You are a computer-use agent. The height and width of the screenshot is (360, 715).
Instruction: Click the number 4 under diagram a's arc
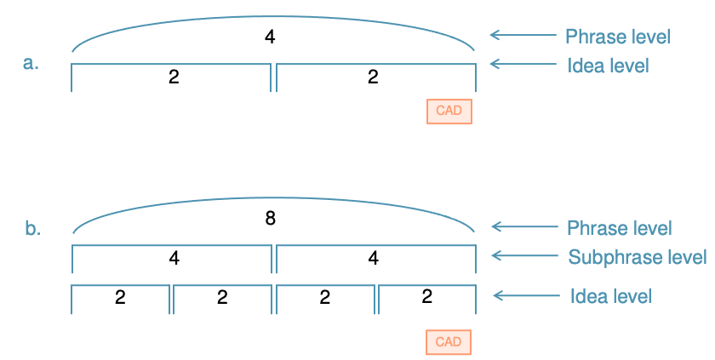(270, 37)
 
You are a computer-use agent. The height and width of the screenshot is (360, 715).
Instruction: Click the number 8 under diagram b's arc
(270, 218)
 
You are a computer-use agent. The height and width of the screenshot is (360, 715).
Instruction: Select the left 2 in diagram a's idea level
(173, 77)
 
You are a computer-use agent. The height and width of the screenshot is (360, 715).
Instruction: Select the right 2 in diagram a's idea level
(372, 77)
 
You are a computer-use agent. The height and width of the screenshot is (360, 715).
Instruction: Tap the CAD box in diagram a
(449, 111)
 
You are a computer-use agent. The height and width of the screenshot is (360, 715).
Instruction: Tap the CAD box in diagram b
(449, 342)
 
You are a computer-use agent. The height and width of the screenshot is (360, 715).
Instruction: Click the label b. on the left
(32, 229)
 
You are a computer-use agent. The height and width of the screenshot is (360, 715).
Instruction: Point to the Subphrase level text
(637, 256)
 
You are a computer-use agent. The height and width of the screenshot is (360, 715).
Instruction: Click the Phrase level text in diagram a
(619, 37)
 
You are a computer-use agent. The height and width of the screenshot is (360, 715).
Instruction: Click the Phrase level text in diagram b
(619, 228)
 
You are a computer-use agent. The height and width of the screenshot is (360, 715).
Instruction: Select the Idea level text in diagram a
(608, 65)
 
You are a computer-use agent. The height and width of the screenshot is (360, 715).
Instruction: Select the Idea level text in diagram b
(611, 296)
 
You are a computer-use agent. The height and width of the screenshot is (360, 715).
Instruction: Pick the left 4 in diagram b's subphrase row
(173, 258)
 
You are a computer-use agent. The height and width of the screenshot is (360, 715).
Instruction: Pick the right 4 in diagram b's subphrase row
(372, 258)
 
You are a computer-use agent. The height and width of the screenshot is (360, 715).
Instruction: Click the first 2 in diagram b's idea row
(120, 297)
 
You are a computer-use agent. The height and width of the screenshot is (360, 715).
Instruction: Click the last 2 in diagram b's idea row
(426, 297)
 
